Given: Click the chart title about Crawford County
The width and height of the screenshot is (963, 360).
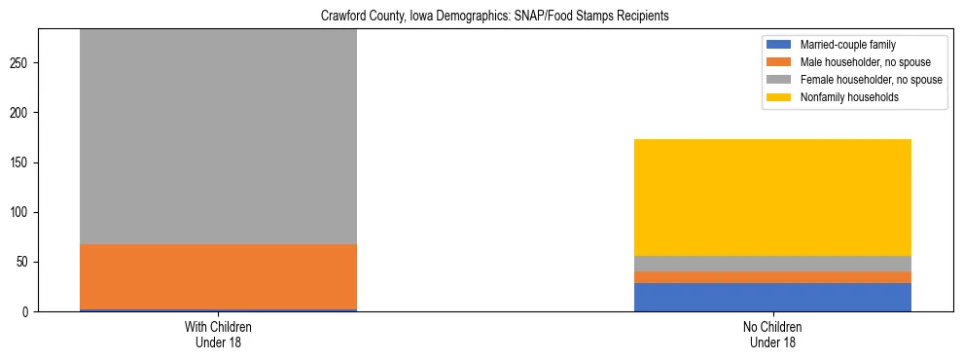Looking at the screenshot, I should (494, 17).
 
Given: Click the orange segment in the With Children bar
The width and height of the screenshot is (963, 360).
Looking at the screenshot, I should (218, 276).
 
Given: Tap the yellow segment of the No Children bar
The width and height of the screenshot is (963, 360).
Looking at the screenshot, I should (772, 198).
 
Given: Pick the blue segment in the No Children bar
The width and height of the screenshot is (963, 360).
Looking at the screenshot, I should (772, 297).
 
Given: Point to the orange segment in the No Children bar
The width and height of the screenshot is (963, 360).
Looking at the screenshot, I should (772, 277).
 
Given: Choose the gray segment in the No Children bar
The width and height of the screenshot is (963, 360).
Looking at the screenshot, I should (772, 264).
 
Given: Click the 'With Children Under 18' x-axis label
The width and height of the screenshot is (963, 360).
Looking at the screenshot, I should (218, 335).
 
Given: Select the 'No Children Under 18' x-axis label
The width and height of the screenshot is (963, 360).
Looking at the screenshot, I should (772, 335).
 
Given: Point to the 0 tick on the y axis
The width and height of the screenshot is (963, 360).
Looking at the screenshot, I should (26, 312).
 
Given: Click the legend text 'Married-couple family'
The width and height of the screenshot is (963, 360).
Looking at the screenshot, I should (847, 45).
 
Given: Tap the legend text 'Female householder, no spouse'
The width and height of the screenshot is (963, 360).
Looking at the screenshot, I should (871, 80).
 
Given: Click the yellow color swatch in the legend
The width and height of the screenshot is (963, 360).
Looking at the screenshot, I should (779, 97).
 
